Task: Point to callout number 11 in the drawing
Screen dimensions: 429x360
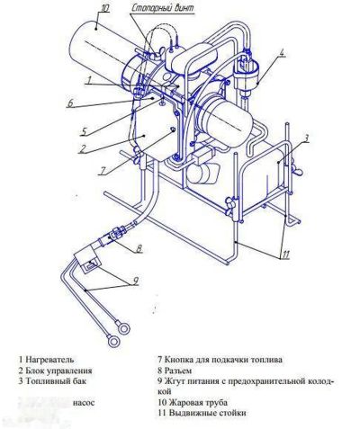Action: (x=283, y=255)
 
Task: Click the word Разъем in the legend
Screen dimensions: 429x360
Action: (x=181, y=371)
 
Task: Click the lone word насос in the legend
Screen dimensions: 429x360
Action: (x=85, y=402)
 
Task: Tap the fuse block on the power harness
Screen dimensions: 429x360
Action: (x=92, y=264)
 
